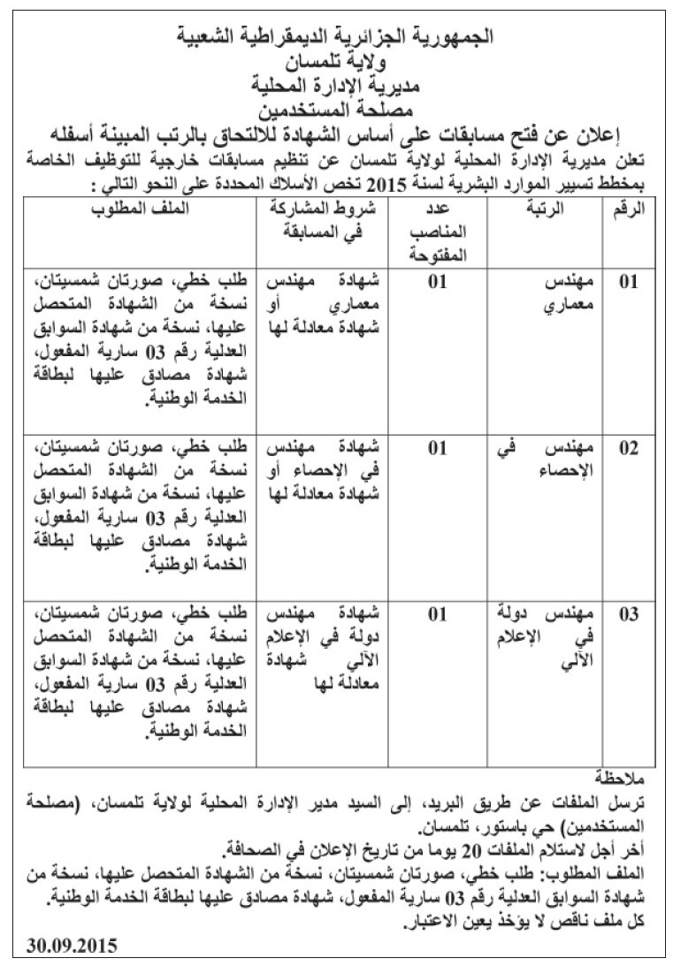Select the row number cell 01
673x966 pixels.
point(628,284)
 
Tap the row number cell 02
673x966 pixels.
point(628,448)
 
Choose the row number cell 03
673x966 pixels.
point(628,614)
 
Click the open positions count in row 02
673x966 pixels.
point(437,448)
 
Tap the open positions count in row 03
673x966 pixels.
point(437,614)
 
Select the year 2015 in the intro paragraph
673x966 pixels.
point(381,184)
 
